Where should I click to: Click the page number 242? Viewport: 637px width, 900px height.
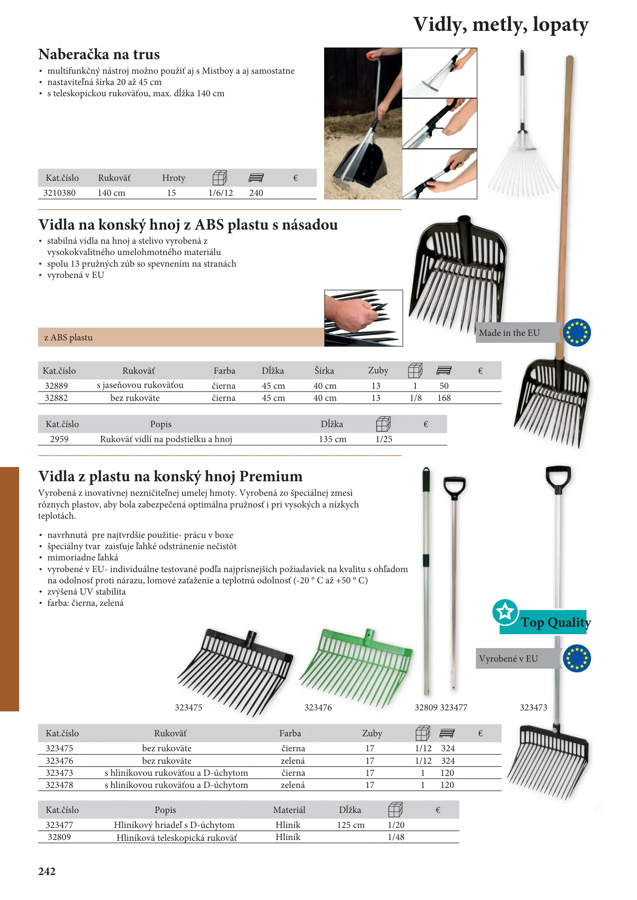click(x=47, y=871)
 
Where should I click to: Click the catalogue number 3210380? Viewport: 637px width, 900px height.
click(x=60, y=193)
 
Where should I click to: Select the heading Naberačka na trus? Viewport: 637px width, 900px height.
click(x=99, y=55)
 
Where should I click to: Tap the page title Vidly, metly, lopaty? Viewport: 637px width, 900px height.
click(x=500, y=25)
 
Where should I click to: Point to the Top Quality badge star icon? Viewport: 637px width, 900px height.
click(x=505, y=612)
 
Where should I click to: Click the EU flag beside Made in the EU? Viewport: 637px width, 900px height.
click(x=577, y=332)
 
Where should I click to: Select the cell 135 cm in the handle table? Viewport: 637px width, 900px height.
click(x=332, y=439)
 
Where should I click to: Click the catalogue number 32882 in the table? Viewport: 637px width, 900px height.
click(x=56, y=398)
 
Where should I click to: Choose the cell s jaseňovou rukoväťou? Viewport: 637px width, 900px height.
click(x=140, y=385)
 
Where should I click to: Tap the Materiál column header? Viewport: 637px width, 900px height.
click(x=289, y=810)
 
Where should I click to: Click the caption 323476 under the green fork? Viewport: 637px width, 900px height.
click(x=318, y=707)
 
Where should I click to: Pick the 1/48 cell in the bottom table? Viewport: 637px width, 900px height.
click(x=396, y=837)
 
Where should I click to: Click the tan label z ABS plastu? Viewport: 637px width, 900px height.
click(x=68, y=337)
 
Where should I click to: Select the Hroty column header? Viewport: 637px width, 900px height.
click(x=174, y=178)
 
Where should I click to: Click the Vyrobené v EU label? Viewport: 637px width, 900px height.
click(x=508, y=659)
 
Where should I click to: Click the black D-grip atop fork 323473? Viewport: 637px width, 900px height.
click(x=558, y=478)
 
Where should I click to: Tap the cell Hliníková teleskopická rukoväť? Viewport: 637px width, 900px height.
click(x=177, y=837)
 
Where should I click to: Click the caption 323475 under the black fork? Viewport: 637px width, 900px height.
click(x=188, y=707)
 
